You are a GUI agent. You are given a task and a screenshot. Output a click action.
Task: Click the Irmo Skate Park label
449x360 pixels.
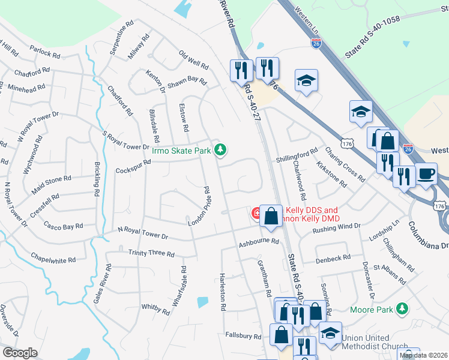click(x=181, y=151)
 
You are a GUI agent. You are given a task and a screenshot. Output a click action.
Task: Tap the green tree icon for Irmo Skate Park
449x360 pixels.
click(x=221, y=150)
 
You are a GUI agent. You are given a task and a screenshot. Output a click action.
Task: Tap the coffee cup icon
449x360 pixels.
click(x=426, y=174)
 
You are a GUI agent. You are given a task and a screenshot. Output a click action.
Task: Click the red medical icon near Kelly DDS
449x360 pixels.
click(x=256, y=212)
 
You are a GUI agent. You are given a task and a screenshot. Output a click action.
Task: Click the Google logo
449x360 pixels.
click(x=20, y=353)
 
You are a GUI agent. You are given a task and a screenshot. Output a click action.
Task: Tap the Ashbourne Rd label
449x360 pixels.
click(x=259, y=242)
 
